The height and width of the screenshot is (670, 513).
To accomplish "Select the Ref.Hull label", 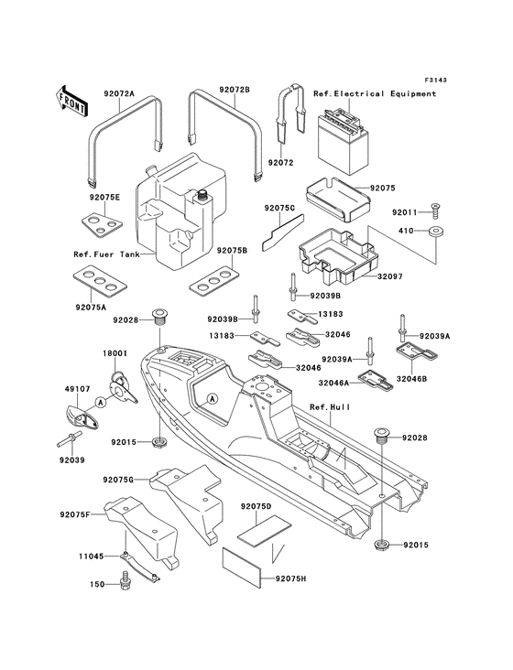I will (329, 407).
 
